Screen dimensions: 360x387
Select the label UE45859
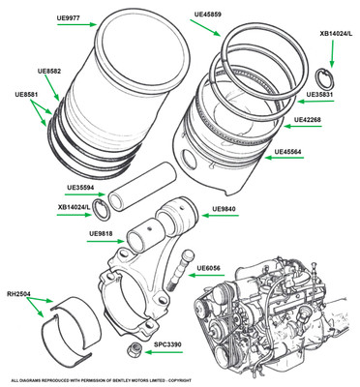point(208,15)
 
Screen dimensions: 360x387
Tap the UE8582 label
point(49,71)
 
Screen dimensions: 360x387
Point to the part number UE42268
point(307,119)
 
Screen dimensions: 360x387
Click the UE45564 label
point(288,151)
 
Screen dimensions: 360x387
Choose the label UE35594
point(80,188)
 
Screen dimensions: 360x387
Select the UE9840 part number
point(224,209)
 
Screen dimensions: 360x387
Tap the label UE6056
point(209,268)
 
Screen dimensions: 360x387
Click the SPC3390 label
point(167,344)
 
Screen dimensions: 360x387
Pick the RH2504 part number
point(19,294)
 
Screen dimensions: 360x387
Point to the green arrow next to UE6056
point(206,275)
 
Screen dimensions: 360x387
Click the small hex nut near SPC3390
point(134,349)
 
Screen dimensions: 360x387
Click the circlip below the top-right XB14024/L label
point(325,79)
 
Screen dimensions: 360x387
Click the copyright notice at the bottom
point(101,380)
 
